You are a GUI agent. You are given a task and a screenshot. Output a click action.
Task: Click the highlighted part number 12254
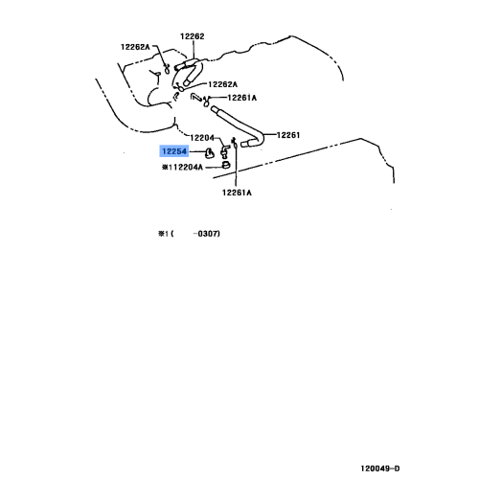(x=174, y=151)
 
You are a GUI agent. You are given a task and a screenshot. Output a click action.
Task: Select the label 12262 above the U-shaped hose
(x=193, y=36)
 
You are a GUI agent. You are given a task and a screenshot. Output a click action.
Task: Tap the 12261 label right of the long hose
(x=288, y=135)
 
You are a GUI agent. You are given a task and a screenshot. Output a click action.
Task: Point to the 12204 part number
(x=202, y=138)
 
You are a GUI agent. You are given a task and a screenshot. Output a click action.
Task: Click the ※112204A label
(x=182, y=167)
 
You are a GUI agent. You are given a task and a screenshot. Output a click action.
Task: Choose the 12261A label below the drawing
(x=237, y=193)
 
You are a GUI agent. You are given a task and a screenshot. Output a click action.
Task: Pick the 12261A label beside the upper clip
(x=242, y=98)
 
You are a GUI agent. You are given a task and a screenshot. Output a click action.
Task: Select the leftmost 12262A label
(x=135, y=47)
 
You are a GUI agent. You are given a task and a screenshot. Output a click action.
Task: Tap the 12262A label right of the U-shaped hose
(x=222, y=84)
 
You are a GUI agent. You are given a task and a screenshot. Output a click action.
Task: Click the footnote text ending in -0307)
(x=189, y=234)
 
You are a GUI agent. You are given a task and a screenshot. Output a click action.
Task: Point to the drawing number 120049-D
(x=380, y=468)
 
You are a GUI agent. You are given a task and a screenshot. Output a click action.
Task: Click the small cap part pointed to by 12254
(x=210, y=153)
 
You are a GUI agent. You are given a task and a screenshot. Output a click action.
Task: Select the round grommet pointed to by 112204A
(x=226, y=165)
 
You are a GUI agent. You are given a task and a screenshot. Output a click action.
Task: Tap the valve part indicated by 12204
(x=225, y=151)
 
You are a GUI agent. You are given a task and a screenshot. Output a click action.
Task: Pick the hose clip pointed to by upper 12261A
(x=206, y=102)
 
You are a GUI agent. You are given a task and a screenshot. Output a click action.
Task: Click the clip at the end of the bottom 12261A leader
(x=234, y=143)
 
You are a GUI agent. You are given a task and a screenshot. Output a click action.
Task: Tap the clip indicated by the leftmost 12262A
(x=167, y=68)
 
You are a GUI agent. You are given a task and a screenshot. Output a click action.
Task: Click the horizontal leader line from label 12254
(x=196, y=151)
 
